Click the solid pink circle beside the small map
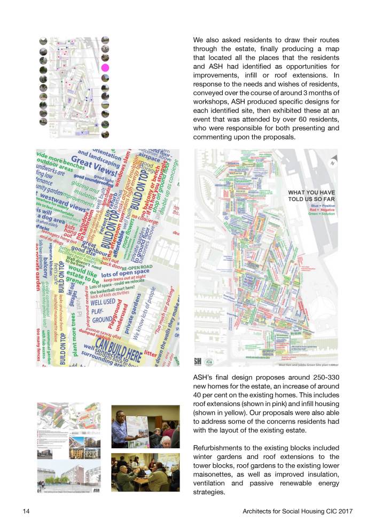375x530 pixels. coord(105,68)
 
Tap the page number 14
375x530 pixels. coord(26,512)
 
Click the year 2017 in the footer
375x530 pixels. coord(345,512)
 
